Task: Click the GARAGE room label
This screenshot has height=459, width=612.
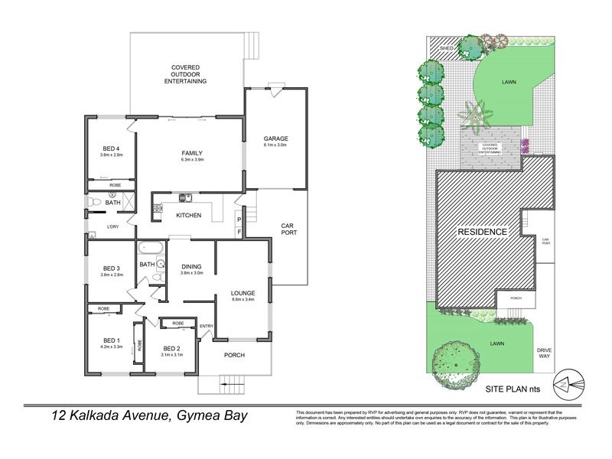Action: [275, 138]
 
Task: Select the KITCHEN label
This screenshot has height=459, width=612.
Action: [188, 216]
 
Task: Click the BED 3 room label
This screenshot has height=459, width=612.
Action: [112, 268]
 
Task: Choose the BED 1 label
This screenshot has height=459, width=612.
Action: [112, 340]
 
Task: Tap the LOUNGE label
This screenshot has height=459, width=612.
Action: [243, 293]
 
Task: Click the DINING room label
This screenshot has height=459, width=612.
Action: [191, 267]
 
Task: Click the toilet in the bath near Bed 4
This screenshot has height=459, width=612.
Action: [93, 201]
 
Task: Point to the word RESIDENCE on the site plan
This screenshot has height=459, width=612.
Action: [482, 232]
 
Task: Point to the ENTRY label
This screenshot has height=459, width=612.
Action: [207, 327]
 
